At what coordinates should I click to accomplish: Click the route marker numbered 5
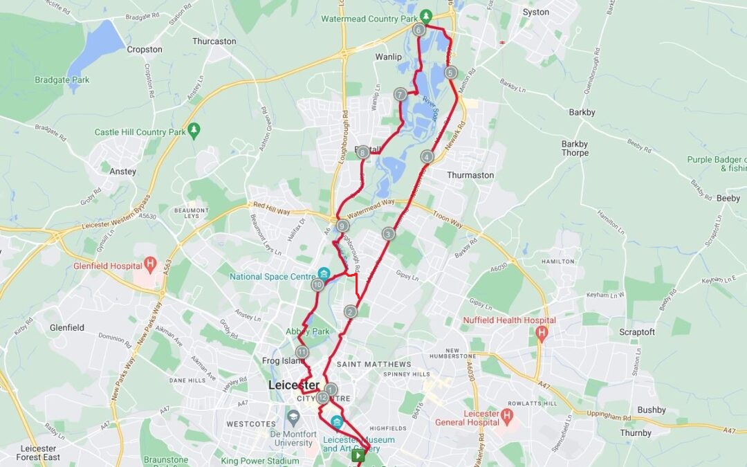(451, 73)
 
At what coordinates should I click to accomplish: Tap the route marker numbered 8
(363, 152)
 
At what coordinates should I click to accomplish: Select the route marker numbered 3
(389, 234)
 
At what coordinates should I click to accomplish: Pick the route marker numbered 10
(317, 284)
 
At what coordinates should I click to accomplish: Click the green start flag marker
(358, 455)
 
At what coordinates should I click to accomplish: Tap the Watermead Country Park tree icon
(427, 16)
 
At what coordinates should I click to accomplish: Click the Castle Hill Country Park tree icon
(194, 129)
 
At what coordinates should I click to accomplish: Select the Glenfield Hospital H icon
(150, 264)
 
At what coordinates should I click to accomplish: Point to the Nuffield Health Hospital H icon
(542, 333)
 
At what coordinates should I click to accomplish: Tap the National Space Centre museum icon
(324, 274)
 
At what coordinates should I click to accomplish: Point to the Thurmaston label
(470, 175)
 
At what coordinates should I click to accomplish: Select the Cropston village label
(145, 50)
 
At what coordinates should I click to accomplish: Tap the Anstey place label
(123, 172)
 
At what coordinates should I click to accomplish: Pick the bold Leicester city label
(294, 385)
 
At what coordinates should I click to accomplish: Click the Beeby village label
(728, 198)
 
